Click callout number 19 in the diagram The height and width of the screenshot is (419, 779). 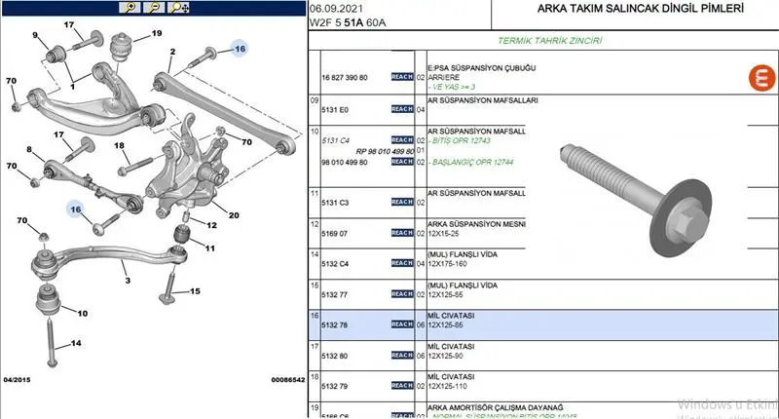click(x=156, y=35)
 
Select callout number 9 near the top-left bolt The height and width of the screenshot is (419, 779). click(x=36, y=37)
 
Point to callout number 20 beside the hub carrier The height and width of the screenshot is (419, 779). click(x=234, y=214)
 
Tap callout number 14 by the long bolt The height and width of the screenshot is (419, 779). click(x=77, y=343)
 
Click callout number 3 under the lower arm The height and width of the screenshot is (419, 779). click(x=126, y=281)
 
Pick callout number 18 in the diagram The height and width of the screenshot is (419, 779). click(x=121, y=146)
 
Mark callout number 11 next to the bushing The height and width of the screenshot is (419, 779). click(x=209, y=248)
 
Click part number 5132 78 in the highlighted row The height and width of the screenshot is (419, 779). click(x=335, y=324)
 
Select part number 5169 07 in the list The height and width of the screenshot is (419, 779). click(x=335, y=233)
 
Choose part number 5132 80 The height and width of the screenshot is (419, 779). click(x=335, y=356)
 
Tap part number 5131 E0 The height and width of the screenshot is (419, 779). click(x=335, y=109)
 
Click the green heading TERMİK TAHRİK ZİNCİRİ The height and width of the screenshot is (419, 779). click(x=549, y=42)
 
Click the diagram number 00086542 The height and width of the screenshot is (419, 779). click(x=287, y=379)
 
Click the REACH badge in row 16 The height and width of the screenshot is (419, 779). click(x=401, y=324)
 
